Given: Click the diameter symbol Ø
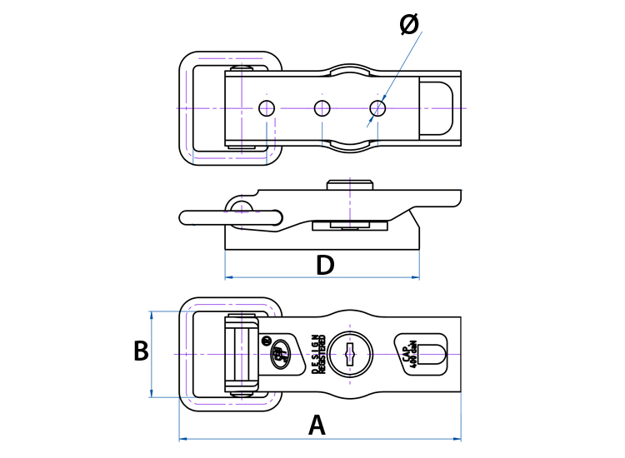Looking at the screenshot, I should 409,24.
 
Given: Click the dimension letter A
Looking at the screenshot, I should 317,426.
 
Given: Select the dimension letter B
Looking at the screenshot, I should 141,351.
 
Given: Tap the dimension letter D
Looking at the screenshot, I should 325,266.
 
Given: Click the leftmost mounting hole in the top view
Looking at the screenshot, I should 267,107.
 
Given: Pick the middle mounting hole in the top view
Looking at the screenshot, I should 322,107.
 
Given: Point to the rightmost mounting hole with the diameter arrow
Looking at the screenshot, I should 378,107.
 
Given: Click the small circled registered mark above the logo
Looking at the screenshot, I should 267,339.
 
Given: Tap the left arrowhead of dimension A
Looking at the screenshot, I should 182,438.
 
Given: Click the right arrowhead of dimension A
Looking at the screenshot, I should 457,438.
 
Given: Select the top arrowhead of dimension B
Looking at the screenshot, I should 151,315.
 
